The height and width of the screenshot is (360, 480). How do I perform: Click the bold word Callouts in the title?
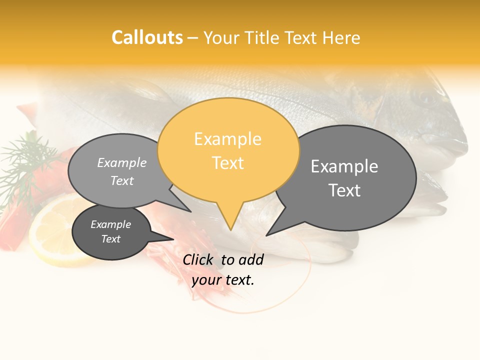click(x=147, y=37)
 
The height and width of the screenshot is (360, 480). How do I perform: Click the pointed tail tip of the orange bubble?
click(x=230, y=229)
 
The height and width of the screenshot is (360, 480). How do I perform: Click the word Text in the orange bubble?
click(x=228, y=162)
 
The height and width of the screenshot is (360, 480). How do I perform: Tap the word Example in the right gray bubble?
click(x=344, y=166)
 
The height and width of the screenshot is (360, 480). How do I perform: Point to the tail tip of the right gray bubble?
click(x=267, y=234)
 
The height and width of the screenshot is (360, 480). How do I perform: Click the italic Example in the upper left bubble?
click(x=122, y=162)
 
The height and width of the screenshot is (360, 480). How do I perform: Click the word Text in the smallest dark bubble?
click(x=110, y=239)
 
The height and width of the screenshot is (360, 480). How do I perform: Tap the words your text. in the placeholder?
click(x=223, y=279)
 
